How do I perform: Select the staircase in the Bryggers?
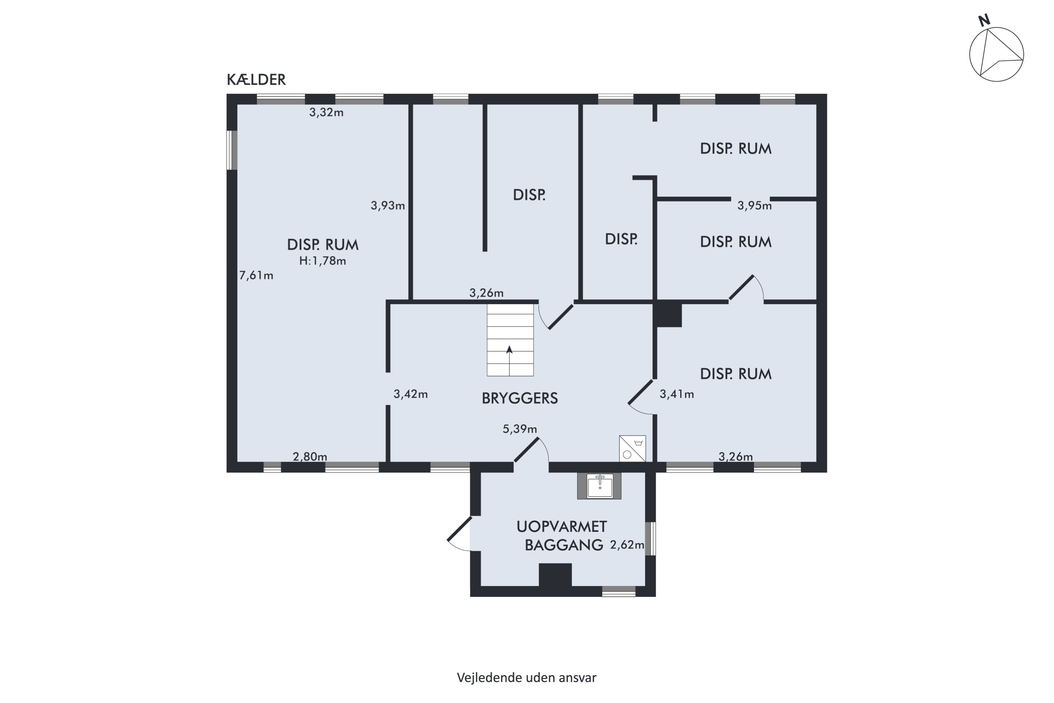510,340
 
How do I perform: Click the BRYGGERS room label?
520,398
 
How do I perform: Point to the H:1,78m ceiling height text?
323,261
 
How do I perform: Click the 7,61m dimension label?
256,275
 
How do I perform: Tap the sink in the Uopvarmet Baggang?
600,486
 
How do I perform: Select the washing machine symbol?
632,449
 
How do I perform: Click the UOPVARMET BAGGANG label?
562,536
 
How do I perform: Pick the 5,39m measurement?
520,429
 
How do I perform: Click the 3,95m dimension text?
755,206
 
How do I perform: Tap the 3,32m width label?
326,112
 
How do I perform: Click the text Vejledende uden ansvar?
527,677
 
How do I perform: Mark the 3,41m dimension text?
677,394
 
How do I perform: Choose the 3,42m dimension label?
410,394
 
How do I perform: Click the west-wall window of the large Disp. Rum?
232,150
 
